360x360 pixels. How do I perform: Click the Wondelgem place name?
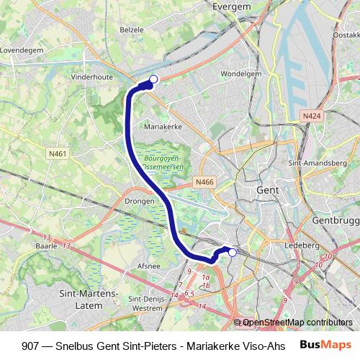(x=240, y=73)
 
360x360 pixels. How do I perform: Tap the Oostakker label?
(x=347, y=35)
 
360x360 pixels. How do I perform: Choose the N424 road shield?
(x=311, y=115)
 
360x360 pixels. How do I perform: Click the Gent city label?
(x=267, y=190)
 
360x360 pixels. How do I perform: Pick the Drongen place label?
(x=140, y=202)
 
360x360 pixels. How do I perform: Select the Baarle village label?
(x=47, y=246)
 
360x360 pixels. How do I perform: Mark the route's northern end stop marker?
(x=153, y=79)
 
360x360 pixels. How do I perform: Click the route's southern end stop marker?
(x=233, y=252)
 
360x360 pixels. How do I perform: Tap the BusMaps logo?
(x=325, y=345)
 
